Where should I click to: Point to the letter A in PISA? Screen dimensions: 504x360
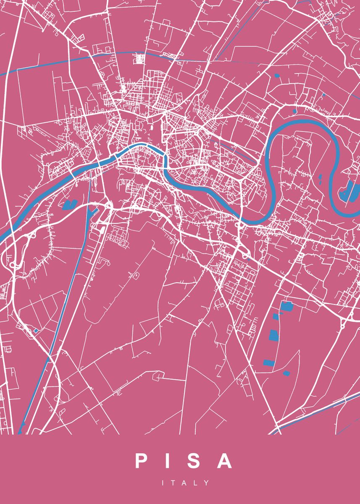click(x=225, y=461)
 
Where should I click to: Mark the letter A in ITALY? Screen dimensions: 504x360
click(x=185, y=483)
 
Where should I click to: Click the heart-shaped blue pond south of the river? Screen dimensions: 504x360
click(x=68, y=205)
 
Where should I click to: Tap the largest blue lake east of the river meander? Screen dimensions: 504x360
click(x=348, y=191)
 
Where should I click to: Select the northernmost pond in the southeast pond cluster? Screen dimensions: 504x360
click(x=287, y=306)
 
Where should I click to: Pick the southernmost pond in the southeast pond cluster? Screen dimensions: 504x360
click(x=286, y=373)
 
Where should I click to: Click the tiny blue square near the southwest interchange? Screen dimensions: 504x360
click(x=36, y=331)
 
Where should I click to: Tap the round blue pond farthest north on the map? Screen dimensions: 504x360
click(x=277, y=76)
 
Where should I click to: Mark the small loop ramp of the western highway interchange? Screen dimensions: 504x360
click(x=14, y=264)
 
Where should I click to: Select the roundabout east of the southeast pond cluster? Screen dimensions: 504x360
click(x=342, y=325)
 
